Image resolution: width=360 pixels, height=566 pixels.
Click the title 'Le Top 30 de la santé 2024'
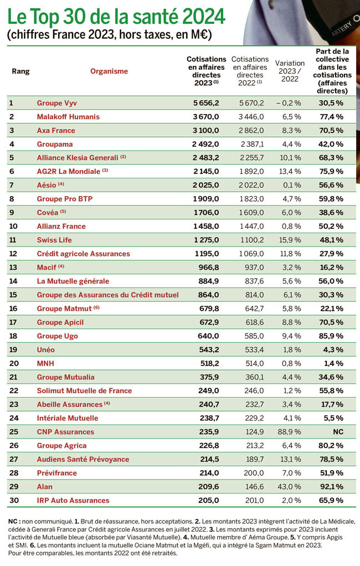116,16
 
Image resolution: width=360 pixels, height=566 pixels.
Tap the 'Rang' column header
20,71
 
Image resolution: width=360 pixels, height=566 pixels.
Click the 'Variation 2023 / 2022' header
290,71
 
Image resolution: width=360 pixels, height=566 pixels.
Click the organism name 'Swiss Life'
54,240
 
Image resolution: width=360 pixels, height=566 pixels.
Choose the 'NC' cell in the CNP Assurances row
337,432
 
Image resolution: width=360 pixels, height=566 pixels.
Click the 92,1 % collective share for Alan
331,487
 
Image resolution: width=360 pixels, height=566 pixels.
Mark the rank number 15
14,295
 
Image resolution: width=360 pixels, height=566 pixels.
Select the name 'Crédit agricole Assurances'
83,254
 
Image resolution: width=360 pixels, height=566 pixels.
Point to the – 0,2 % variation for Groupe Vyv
289,103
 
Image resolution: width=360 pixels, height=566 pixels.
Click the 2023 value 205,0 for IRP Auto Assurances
209,501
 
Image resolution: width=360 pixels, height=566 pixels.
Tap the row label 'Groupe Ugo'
57,336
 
